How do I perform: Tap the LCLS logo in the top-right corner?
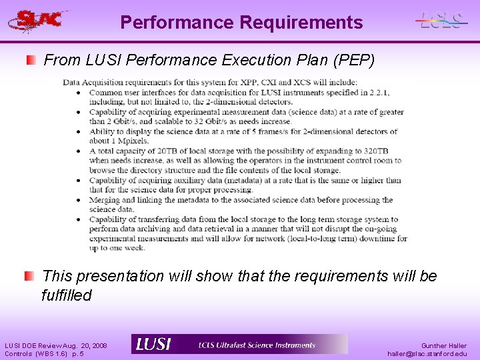click(440, 21)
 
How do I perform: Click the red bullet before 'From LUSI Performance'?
click(31, 61)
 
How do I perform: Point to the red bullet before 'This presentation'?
click(30, 276)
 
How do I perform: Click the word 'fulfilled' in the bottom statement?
click(66, 295)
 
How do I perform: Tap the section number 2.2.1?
click(378, 92)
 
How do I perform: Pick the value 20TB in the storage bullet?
click(168, 151)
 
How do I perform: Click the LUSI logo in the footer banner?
click(154, 345)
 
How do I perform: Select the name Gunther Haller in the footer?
click(443, 346)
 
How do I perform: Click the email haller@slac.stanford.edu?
click(427, 354)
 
